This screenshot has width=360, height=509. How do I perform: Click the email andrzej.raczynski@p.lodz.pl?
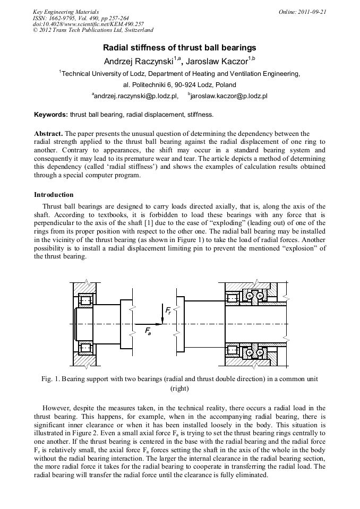(135, 97)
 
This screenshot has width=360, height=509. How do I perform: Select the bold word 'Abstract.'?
(48, 133)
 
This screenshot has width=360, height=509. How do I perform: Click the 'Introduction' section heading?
(54, 195)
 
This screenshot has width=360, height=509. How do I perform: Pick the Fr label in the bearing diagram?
(168, 309)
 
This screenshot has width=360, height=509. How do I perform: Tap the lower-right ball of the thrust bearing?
(260, 352)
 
